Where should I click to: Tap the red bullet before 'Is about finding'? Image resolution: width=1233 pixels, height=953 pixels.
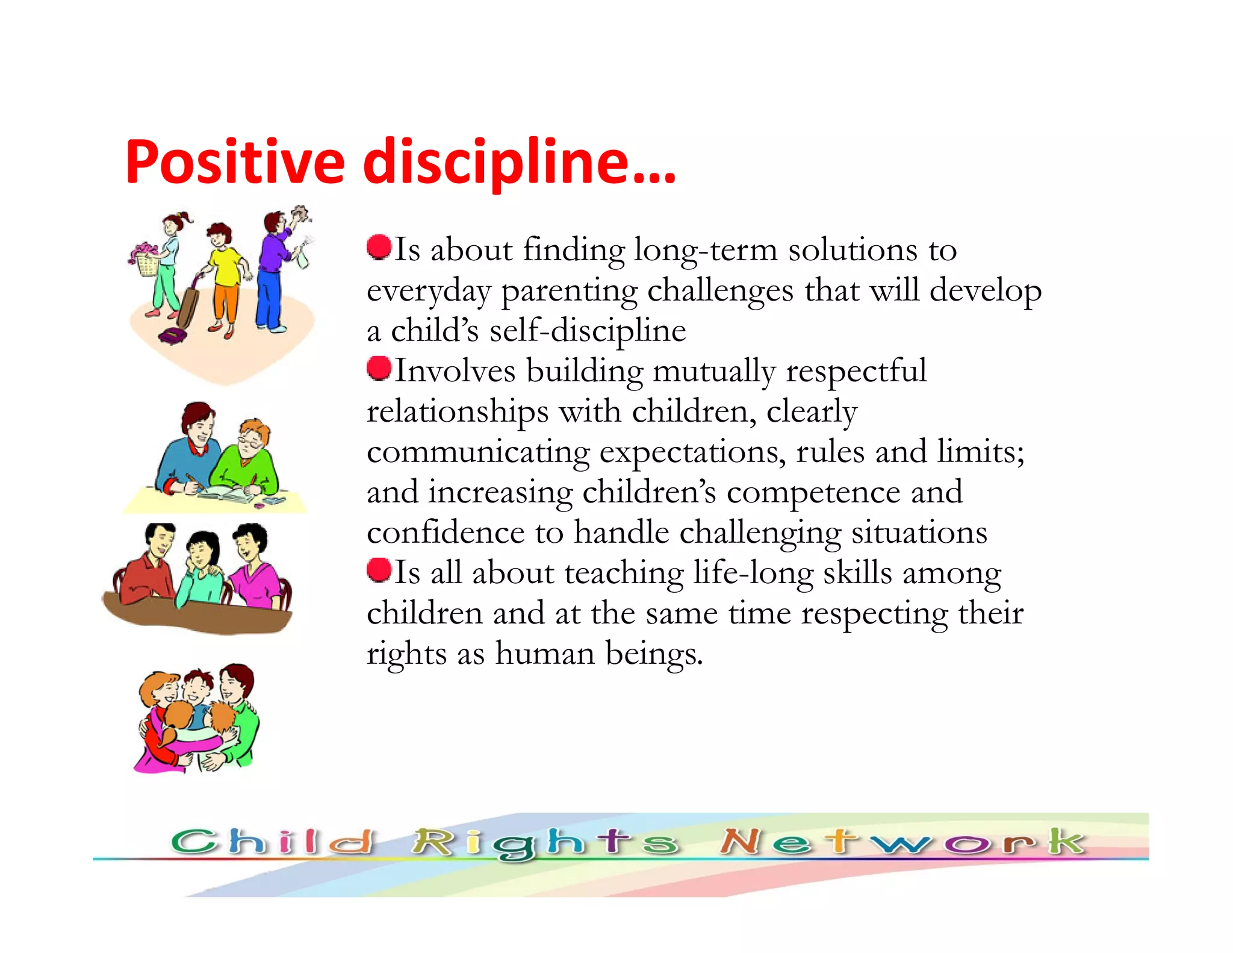click(x=379, y=247)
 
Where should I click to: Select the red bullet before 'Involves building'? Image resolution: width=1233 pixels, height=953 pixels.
click(x=379, y=368)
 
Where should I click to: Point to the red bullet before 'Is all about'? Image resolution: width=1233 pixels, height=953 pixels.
click(x=379, y=570)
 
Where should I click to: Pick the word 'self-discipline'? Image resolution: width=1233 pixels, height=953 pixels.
click(x=587, y=331)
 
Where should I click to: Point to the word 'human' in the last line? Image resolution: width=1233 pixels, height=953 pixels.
click(x=545, y=654)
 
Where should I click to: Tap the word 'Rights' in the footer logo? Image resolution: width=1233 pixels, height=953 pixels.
click(x=545, y=843)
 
